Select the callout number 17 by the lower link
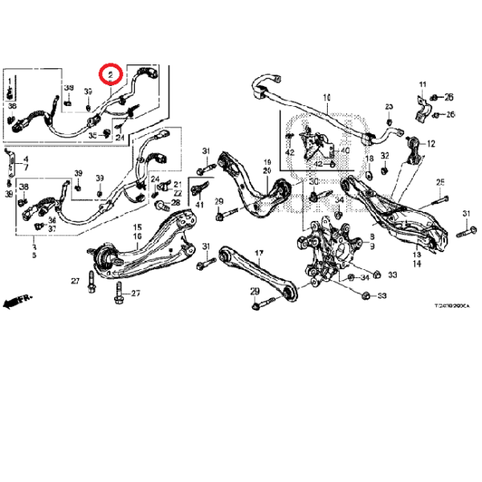[x=259, y=254]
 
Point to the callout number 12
[x=431, y=145]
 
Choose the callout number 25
[x=440, y=182]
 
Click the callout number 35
[x=93, y=135]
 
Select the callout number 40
[x=345, y=149]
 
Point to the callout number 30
[x=313, y=182]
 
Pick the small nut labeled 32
[x=386, y=169]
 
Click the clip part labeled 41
[x=194, y=193]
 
